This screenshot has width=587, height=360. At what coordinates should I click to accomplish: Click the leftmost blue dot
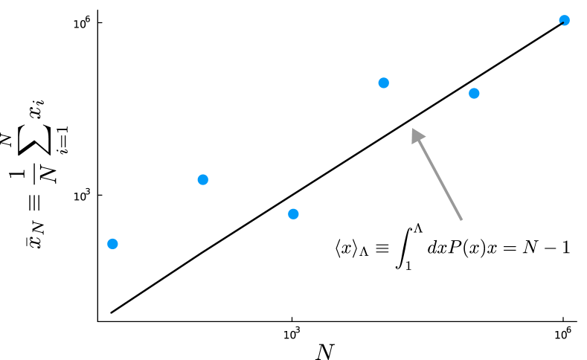tap(112, 244)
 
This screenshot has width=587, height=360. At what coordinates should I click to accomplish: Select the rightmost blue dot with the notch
tap(564, 20)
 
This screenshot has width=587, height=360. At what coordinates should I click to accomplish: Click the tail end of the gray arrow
tap(461, 220)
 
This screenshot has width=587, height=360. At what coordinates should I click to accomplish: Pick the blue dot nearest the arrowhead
tap(383, 83)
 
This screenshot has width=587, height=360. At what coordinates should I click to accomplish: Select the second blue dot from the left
tap(202, 179)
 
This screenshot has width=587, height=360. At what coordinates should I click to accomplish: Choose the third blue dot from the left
tap(293, 214)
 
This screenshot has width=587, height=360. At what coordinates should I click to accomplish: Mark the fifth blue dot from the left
tap(474, 93)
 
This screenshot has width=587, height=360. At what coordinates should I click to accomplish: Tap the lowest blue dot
tap(112, 244)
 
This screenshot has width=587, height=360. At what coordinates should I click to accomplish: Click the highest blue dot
tap(564, 20)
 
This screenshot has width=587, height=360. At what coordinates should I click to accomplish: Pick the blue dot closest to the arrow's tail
tap(474, 93)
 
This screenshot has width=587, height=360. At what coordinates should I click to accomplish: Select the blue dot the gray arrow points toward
tap(383, 83)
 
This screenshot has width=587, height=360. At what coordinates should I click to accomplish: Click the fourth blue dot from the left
tap(383, 83)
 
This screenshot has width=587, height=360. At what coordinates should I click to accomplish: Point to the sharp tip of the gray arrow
tap(412, 129)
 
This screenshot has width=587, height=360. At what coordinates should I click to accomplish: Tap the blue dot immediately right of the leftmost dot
tap(202, 179)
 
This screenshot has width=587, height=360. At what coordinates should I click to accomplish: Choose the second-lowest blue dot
tap(293, 214)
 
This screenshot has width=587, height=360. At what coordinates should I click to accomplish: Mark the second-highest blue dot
tap(383, 83)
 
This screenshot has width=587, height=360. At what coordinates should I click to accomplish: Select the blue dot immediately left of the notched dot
tap(474, 93)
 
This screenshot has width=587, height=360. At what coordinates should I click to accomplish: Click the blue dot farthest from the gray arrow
tap(112, 244)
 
